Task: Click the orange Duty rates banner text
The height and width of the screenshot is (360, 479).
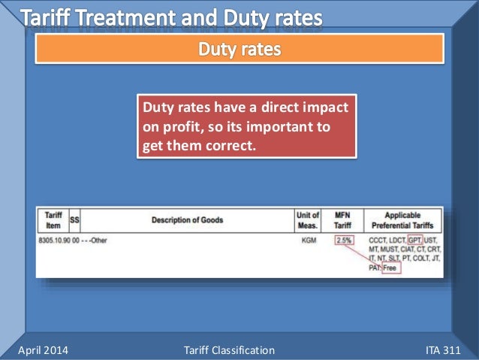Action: pos(239,50)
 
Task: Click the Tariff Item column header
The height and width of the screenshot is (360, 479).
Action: pos(53,220)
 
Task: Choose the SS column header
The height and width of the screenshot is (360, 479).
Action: pos(74,220)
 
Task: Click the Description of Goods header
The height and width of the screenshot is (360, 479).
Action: pos(187,220)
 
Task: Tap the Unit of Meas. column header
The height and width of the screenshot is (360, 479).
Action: pos(307,220)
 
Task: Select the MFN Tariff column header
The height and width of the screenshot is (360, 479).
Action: pos(342,220)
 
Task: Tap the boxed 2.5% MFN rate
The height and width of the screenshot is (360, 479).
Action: pos(343,240)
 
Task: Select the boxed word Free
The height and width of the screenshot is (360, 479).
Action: pos(391,268)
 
